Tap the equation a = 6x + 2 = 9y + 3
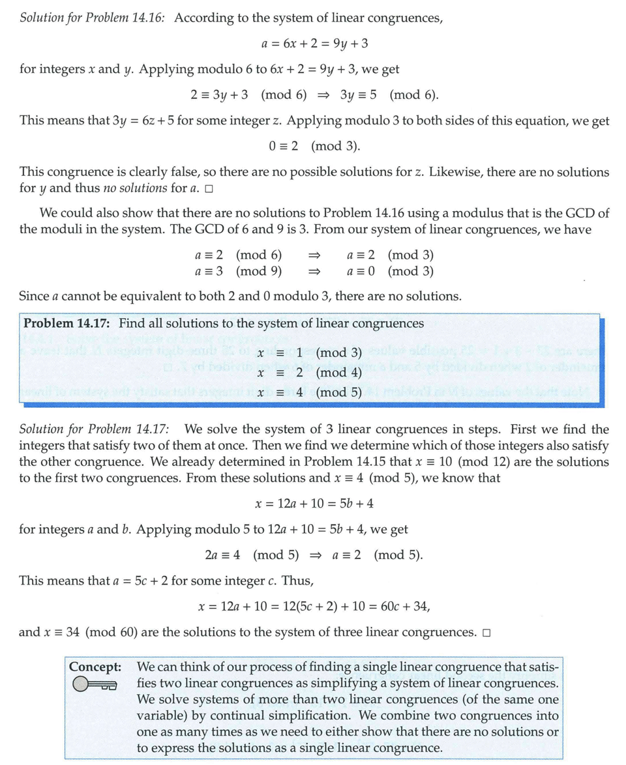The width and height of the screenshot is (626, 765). click(x=314, y=44)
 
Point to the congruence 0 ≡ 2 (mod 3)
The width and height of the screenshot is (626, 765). click(x=314, y=146)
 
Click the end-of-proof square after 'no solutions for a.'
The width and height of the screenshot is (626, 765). click(x=209, y=189)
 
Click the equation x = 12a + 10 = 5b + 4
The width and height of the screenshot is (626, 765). click(x=314, y=503)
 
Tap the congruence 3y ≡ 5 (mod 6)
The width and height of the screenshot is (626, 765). click(x=389, y=94)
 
